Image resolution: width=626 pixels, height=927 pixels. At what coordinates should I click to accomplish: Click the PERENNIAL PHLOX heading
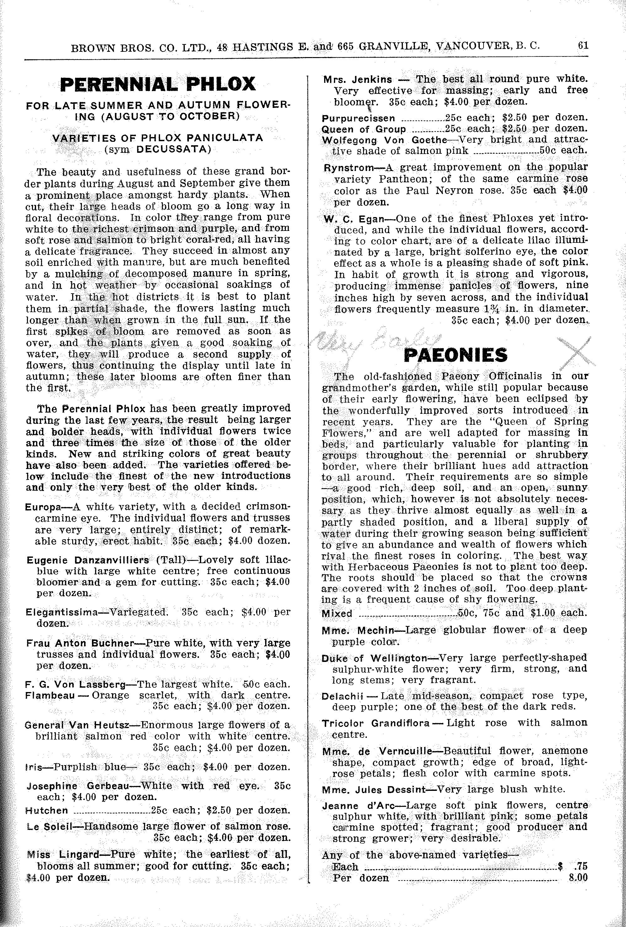pos(158,84)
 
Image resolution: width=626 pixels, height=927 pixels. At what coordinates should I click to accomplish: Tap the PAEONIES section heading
pos(456,354)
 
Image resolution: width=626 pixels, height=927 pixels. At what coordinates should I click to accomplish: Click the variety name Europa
pos(43,507)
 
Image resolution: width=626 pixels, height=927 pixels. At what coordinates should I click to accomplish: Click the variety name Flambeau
pos(50,695)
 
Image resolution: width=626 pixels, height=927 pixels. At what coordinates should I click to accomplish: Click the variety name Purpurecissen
pos(358,119)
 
